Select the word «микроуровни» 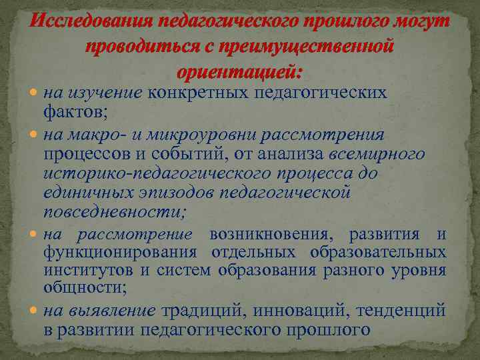203,135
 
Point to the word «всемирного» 377,155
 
